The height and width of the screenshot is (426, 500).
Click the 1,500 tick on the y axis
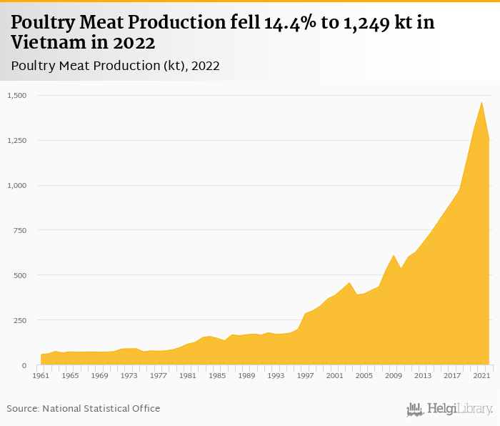coord(17,95)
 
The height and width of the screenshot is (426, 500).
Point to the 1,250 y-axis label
coord(17,140)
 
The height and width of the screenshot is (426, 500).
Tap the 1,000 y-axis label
coord(17,185)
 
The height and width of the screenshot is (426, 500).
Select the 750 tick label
coord(20,230)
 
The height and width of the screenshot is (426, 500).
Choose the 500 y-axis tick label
coord(20,275)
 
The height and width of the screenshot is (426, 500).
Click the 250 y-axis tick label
coord(20,320)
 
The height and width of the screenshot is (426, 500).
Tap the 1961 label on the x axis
coord(41,375)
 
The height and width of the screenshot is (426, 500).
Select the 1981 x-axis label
coord(187,375)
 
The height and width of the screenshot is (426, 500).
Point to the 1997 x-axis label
coord(305,375)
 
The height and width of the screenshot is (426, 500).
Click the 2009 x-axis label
coord(393,375)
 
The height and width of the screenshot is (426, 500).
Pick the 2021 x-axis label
coord(481,375)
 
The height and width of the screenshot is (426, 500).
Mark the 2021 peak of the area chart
coord(481,102)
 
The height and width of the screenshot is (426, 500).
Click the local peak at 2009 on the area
coord(394,255)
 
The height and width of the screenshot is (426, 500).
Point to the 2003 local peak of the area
coord(349,282)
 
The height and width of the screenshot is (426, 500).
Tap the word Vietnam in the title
coord(41,42)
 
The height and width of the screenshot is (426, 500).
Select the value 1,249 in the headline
coord(384,23)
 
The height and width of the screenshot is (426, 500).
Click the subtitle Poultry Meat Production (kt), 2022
coord(115,66)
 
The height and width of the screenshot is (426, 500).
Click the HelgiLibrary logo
coord(450,409)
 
